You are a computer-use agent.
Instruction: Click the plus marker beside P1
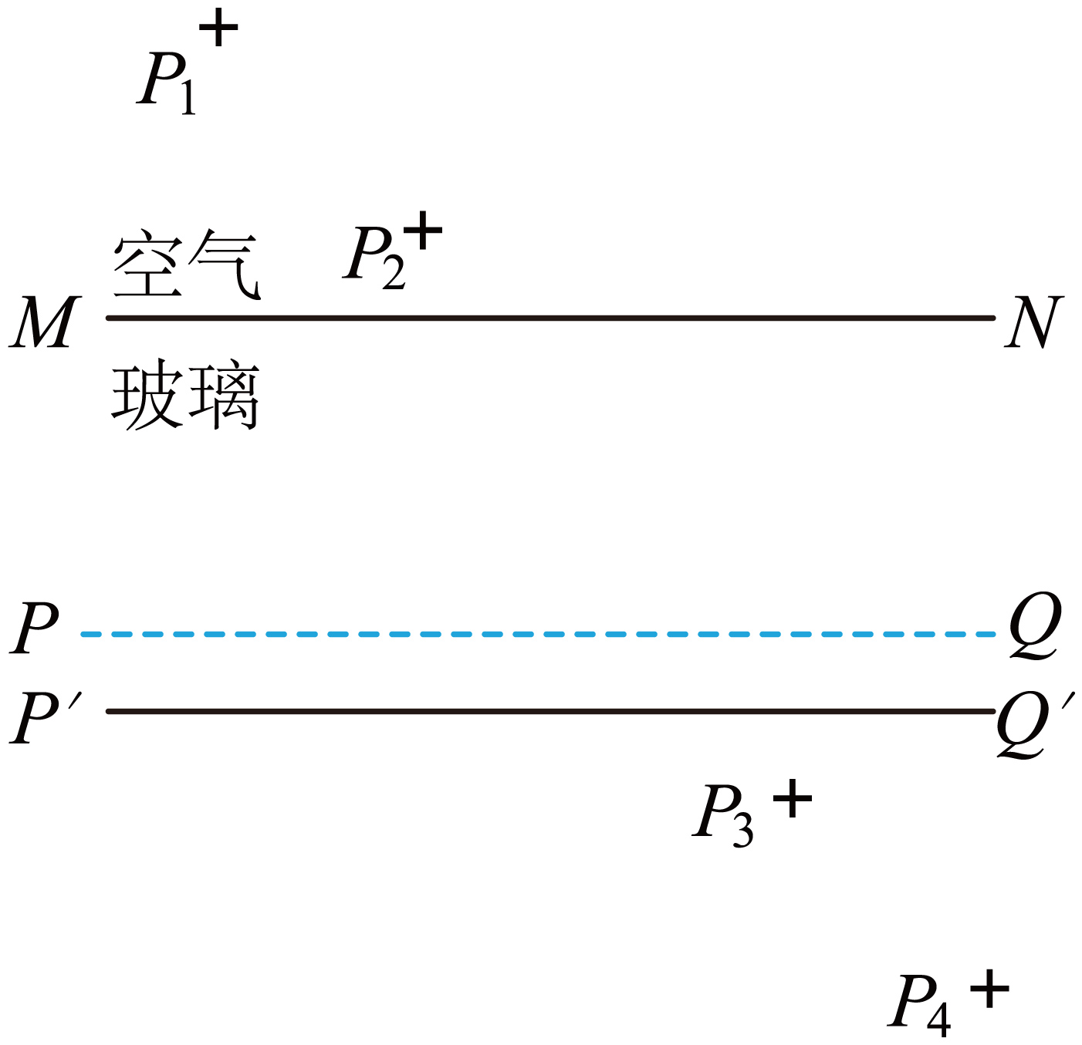pos(218,27)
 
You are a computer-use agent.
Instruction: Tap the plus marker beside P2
pos(423,230)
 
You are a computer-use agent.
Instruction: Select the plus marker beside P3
pos(793,798)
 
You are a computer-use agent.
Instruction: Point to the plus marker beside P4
pos(989,989)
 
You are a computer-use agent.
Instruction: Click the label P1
pos(166,83)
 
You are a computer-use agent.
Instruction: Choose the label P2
pos(374,258)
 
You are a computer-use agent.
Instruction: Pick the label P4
pos(919,1006)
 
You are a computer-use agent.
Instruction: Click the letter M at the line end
pos(45,322)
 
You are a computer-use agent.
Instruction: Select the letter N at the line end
pos(1033,322)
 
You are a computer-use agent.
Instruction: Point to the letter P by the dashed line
pos(35,627)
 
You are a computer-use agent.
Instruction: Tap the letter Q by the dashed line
pos(1035,625)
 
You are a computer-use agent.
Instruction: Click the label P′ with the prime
pos(46,717)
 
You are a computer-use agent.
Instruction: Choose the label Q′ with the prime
pos(1035,725)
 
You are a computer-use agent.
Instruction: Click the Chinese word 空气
pos(186,264)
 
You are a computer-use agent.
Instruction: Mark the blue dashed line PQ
pos(538,634)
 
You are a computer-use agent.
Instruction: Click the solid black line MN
pos(550,319)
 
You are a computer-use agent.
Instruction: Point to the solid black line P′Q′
pos(550,711)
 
